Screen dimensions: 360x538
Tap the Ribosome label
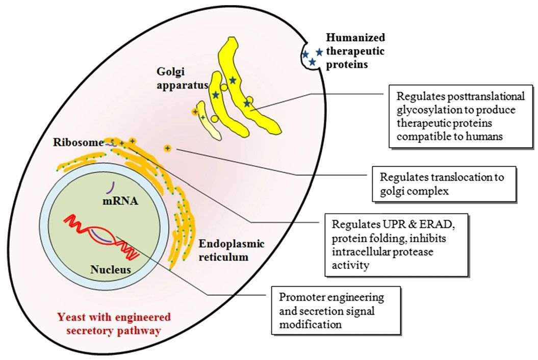pyautogui.click(x=78, y=142)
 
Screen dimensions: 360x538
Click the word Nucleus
pyautogui.click(x=111, y=269)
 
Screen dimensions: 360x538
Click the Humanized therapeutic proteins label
pyautogui.click(x=355, y=51)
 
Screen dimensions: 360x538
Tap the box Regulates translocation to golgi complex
pyautogui.click(x=442, y=184)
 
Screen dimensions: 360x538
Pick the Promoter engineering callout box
pyautogui.click(x=335, y=310)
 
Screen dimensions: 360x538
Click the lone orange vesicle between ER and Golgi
pyautogui.click(x=167, y=148)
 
